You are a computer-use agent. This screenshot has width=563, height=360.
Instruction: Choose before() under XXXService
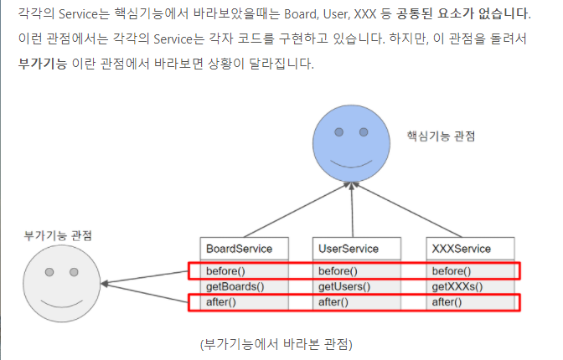point(451,271)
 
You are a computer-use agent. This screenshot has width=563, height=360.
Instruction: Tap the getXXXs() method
point(457,286)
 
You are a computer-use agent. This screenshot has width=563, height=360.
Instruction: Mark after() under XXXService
point(447,301)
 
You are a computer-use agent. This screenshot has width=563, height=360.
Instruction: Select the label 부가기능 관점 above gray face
point(58,235)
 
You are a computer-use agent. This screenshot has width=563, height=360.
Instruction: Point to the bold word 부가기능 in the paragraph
point(42,64)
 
